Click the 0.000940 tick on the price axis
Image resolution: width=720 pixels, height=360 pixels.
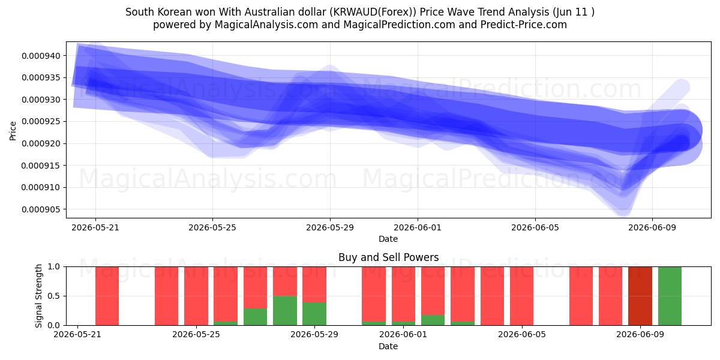coord(41,56)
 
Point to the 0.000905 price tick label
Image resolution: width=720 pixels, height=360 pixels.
coord(41,209)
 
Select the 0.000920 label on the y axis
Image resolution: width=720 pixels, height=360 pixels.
coord(41,143)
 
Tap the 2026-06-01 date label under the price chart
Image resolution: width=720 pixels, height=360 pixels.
coord(418,227)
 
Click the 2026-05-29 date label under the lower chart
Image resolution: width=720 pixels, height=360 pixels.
coord(314,334)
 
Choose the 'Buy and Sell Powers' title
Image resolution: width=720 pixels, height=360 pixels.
coord(388,257)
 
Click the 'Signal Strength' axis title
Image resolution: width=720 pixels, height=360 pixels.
coord(38,296)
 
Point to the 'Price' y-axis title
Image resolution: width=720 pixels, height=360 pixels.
coord(13,131)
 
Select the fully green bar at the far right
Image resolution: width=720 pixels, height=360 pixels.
coord(670,296)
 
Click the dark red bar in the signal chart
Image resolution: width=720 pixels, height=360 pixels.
coord(640,296)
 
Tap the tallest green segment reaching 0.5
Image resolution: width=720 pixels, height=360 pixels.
coord(285,311)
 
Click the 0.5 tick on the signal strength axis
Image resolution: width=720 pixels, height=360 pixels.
coord(53,296)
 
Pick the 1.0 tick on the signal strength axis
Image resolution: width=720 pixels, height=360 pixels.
coord(53,266)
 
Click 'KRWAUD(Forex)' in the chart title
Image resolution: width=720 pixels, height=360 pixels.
coord(373,12)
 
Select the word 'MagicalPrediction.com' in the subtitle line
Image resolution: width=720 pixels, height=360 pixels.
coord(399,25)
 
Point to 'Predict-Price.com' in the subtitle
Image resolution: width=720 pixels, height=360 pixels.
coord(524,25)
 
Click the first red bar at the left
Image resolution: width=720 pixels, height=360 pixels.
coord(107,296)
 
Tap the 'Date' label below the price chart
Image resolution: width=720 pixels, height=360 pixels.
coord(388,239)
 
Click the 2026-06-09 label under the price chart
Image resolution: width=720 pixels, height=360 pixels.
coord(652,227)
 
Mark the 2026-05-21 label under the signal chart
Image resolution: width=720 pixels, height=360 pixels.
coord(77,334)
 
